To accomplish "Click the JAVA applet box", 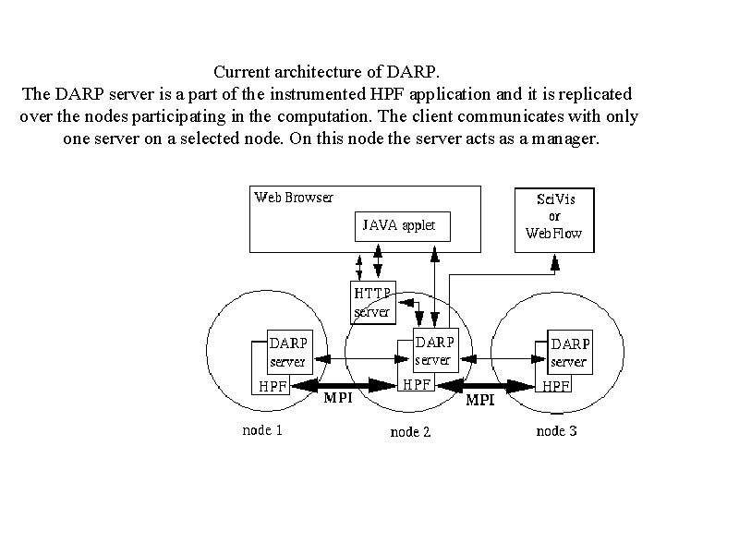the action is tap(403, 226).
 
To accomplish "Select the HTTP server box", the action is tap(373, 303).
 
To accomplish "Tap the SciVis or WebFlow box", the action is tap(554, 220).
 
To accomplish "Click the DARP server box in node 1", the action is tap(290, 353).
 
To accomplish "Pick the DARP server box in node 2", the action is tap(435, 351).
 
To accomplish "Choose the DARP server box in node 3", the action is tap(570, 353).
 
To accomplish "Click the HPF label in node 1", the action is tap(273, 387).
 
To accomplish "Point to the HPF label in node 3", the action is tap(556, 386).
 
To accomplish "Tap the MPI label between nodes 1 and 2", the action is tap(338, 398).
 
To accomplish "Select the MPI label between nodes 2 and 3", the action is tap(479, 400).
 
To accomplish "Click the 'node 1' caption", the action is tap(262, 430).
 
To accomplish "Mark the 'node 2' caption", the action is tap(410, 432).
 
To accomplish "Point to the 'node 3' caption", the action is tap(556, 431).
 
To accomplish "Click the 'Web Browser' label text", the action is tap(293, 197).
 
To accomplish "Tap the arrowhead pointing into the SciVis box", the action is tap(555, 262).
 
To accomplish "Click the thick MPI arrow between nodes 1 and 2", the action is tap(345, 385).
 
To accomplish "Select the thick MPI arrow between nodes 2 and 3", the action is tap(487, 386).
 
